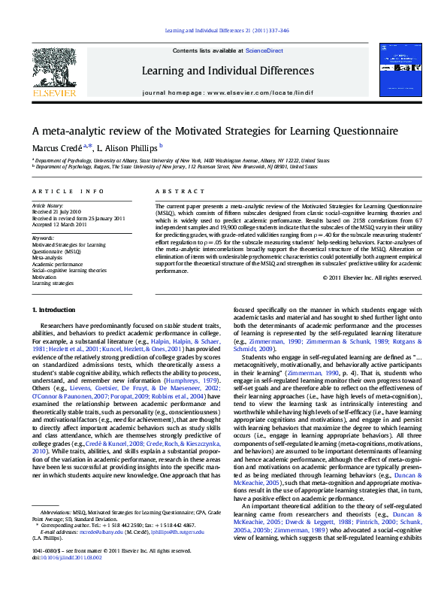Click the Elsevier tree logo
pyautogui.click(x=53, y=69)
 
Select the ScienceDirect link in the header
pyautogui.click(x=264, y=50)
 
